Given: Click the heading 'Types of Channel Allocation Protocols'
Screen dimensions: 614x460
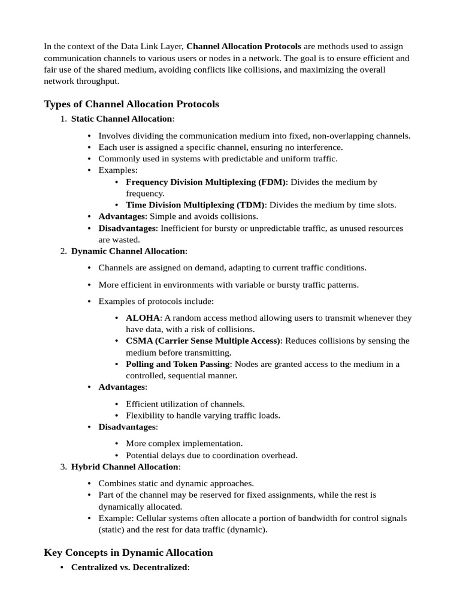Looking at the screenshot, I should click(x=131, y=104).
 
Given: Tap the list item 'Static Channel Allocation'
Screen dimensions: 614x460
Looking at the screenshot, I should click(x=122, y=119).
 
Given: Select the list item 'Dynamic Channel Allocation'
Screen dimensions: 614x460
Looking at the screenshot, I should click(x=128, y=251).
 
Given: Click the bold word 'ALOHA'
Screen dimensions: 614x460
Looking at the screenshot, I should click(x=143, y=318).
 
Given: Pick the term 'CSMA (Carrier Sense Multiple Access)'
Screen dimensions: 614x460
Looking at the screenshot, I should click(x=203, y=341).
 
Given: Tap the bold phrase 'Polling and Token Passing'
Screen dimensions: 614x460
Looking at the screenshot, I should click(x=178, y=364).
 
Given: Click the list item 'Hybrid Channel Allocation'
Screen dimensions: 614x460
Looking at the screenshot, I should click(x=125, y=466).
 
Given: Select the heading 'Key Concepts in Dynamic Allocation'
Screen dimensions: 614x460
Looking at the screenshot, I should click(x=128, y=552).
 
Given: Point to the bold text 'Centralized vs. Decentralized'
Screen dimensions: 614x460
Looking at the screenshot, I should click(x=129, y=567).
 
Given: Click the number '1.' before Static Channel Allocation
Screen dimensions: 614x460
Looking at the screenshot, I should click(x=63, y=119).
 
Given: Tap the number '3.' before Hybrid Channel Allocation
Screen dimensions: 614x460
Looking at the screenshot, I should click(x=63, y=466).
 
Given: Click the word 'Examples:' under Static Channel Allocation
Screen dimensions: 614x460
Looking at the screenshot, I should click(x=118, y=170).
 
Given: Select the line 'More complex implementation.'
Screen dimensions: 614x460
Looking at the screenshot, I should click(x=184, y=444).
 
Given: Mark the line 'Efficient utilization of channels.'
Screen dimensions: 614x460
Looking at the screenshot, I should click(x=185, y=404).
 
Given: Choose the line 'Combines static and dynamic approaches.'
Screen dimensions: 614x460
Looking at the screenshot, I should click(x=176, y=483).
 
